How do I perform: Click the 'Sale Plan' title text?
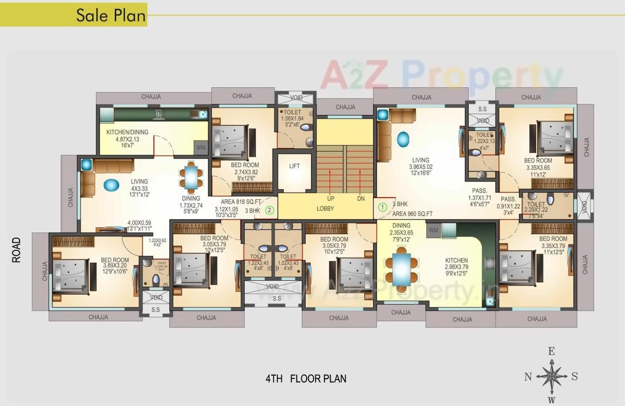111,15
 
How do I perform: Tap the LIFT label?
294,166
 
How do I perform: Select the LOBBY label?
325,208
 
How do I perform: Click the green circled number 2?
269,210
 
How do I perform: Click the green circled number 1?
383,207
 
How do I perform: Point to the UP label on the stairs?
331,199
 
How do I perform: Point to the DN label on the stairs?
361,199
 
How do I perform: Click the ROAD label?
17,250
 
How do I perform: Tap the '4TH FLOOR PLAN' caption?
306,379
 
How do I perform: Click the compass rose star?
551,376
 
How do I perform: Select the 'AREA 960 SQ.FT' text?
413,213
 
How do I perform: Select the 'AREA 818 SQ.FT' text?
241,202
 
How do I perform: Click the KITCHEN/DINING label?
127,132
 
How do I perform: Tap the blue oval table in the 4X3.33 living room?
111,185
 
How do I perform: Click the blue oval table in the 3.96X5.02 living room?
403,139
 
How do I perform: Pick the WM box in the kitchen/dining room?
201,147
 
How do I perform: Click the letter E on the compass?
551,351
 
